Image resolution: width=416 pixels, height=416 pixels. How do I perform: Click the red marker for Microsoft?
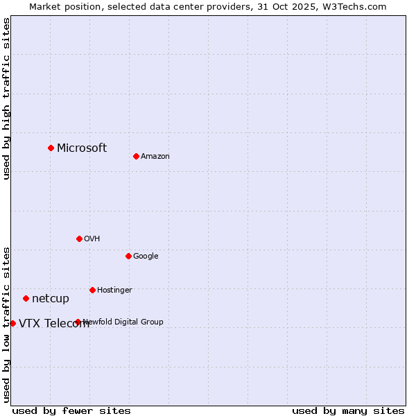pos(51,148)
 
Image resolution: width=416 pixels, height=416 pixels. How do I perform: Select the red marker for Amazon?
pos(136,156)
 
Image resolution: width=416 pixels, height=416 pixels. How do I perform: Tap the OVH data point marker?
pos(79,239)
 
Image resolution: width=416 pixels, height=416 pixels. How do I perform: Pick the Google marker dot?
pos(128,256)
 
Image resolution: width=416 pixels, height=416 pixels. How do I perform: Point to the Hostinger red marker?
pos(92,290)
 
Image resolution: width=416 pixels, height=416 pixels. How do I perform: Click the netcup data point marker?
pos(26,298)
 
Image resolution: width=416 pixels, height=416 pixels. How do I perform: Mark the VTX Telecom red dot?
pos(12,323)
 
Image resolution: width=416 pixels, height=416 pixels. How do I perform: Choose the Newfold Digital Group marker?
pos(78,322)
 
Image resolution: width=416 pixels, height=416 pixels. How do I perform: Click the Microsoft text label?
pos(82,148)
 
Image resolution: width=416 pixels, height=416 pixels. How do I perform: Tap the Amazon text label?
pos(155,156)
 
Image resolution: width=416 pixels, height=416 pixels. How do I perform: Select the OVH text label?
pos(92,239)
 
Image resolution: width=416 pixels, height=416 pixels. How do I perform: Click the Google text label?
pos(146,256)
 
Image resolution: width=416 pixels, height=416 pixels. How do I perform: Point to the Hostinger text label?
pos(114,290)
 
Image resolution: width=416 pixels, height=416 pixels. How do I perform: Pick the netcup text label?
pos(51,299)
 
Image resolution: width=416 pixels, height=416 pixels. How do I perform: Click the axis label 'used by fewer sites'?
pos(71,410)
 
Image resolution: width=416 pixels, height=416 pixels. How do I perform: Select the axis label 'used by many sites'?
pos(348,410)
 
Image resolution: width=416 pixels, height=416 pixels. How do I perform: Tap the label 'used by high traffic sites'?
pos(7,98)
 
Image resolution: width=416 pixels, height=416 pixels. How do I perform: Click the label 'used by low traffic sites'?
pos(7,324)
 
